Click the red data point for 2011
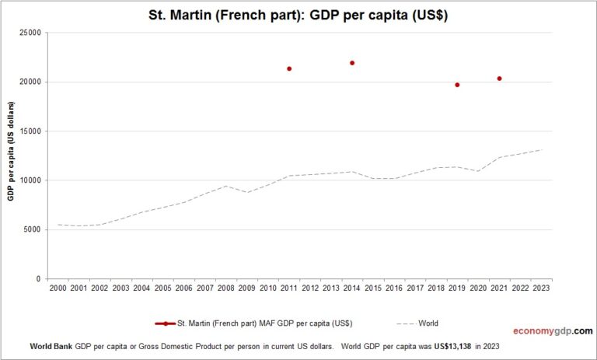click(289, 68)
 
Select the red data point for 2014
click(352, 63)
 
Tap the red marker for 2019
click(457, 85)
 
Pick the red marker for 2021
click(499, 79)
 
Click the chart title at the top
click(298, 15)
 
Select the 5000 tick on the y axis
click(32, 229)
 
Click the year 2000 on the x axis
click(58, 288)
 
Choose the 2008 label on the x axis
click(225, 288)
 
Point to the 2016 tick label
click(394, 288)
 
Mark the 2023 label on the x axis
click(541, 288)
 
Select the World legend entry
click(429, 323)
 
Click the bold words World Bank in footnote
click(51, 344)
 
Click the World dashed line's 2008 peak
click(225, 186)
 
